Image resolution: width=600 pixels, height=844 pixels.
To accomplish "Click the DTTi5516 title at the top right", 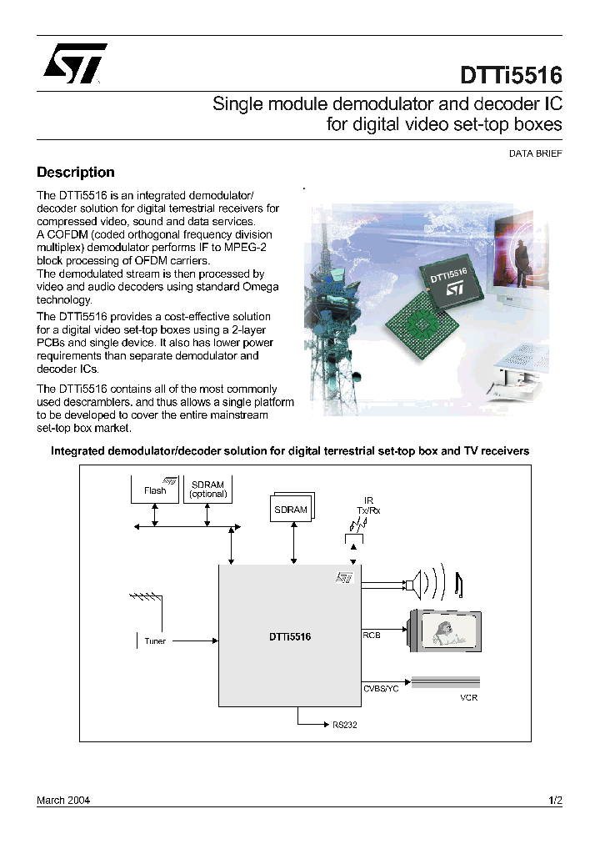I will click(x=511, y=76).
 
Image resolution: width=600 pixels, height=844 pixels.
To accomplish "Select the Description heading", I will click(x=76, y=173).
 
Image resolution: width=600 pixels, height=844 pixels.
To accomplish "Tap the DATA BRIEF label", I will click(x=535, y=153).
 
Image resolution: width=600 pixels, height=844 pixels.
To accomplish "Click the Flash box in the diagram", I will click(x=155, y=490).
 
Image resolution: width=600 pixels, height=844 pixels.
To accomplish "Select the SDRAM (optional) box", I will click(x=207, y=489).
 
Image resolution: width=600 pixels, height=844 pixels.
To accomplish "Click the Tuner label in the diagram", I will click(x=155, y=641).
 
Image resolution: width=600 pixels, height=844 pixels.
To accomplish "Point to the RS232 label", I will click(x=344, y=725).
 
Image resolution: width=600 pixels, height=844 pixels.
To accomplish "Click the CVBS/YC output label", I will click(x=380, y=688).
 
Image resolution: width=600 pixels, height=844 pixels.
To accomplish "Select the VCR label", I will click(x=469, y=697).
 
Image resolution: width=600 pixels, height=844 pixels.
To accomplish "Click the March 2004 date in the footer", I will click(x=63, y=800).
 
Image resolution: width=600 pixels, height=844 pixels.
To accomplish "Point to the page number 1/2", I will click(x=555, y=800).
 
